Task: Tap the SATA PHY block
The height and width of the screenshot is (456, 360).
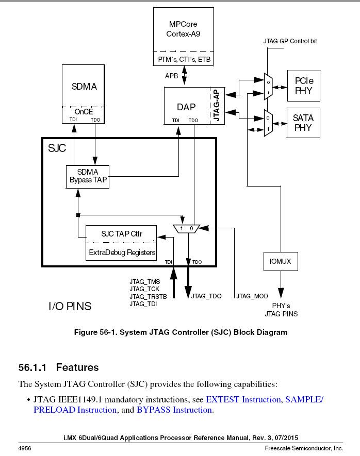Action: pyautogui.click(x=303, y=123)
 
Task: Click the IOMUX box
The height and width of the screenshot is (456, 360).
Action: pyautogui.click(x=280, y=261)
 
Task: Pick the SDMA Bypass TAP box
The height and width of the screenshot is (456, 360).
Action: pyautogui.click(x=88, y=176)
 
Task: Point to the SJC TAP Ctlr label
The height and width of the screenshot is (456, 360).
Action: pyautogui.click(x=121, y=234)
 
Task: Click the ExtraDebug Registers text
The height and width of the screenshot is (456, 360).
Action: pyautogui.click(x=122, y=252)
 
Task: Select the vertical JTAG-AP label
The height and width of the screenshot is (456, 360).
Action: pyautogui.click(x=217, y=106)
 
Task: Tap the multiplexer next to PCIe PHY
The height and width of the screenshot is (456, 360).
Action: pyautogui.click(x=268, y=86)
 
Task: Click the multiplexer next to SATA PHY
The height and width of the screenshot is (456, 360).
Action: pyautogui.click(x=268, y=123)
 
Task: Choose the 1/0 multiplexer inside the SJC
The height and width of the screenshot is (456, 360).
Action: pyautogui.click(x=186, y=228)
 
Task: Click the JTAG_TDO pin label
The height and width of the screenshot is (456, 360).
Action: pyautogui.click(x=206, y=296)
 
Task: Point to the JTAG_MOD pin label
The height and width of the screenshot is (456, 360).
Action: pyautogui.click(x=252, y=296)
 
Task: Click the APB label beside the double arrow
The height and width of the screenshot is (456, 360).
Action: pyautogui.click(x=172, y=76)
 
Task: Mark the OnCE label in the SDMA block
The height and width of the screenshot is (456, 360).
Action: pyautogui.click(x=83, y=111)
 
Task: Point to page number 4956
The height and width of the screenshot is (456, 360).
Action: pyautogui.click(x=26, y=449)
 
